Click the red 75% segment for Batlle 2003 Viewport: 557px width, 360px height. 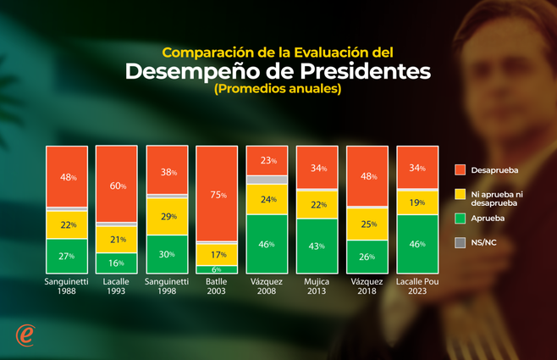click(218, 194)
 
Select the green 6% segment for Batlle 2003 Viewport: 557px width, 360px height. click(218, 269)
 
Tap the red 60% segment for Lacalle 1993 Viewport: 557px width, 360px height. click(118, 185)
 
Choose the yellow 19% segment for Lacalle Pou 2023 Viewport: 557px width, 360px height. click(417, 202)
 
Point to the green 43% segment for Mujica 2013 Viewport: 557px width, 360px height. click(317, 246)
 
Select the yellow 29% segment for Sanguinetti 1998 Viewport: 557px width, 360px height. click(168, 217)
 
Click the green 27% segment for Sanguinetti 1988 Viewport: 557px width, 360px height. click(68, 256)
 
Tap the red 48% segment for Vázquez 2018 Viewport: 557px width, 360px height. click(367, 177)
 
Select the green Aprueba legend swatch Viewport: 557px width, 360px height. click(460, 218)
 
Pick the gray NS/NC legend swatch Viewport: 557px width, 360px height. click(460, 242)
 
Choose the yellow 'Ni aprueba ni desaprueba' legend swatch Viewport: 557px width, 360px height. click(460, 194)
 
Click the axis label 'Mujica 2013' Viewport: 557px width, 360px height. click(317, 285)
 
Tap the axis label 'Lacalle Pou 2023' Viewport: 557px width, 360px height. click(417, 285)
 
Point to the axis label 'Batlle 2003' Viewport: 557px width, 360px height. click(218, 285)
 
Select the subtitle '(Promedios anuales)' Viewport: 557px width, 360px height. click(278, 89)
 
